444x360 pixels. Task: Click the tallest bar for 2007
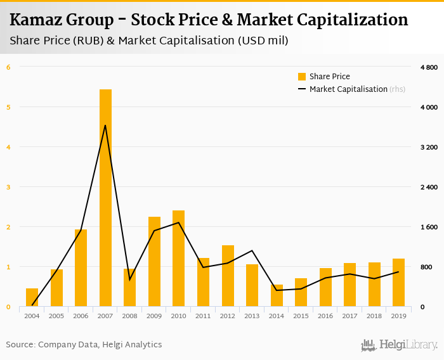pos(105,198)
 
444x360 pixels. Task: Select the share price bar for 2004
pos(32,297)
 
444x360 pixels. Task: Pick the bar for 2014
pos(277,295)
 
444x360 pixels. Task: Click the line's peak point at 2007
pos(105,125)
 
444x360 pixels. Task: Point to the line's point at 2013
pos(252,251)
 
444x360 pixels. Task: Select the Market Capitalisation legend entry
pos(348,89)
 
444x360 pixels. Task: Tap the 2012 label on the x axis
pos(228,315)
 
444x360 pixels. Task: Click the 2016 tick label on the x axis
pos(325,315)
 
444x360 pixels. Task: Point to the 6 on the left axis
pos(8,67)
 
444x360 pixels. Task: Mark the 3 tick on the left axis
pos(8,187)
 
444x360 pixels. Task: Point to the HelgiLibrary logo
pos(399,345)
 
